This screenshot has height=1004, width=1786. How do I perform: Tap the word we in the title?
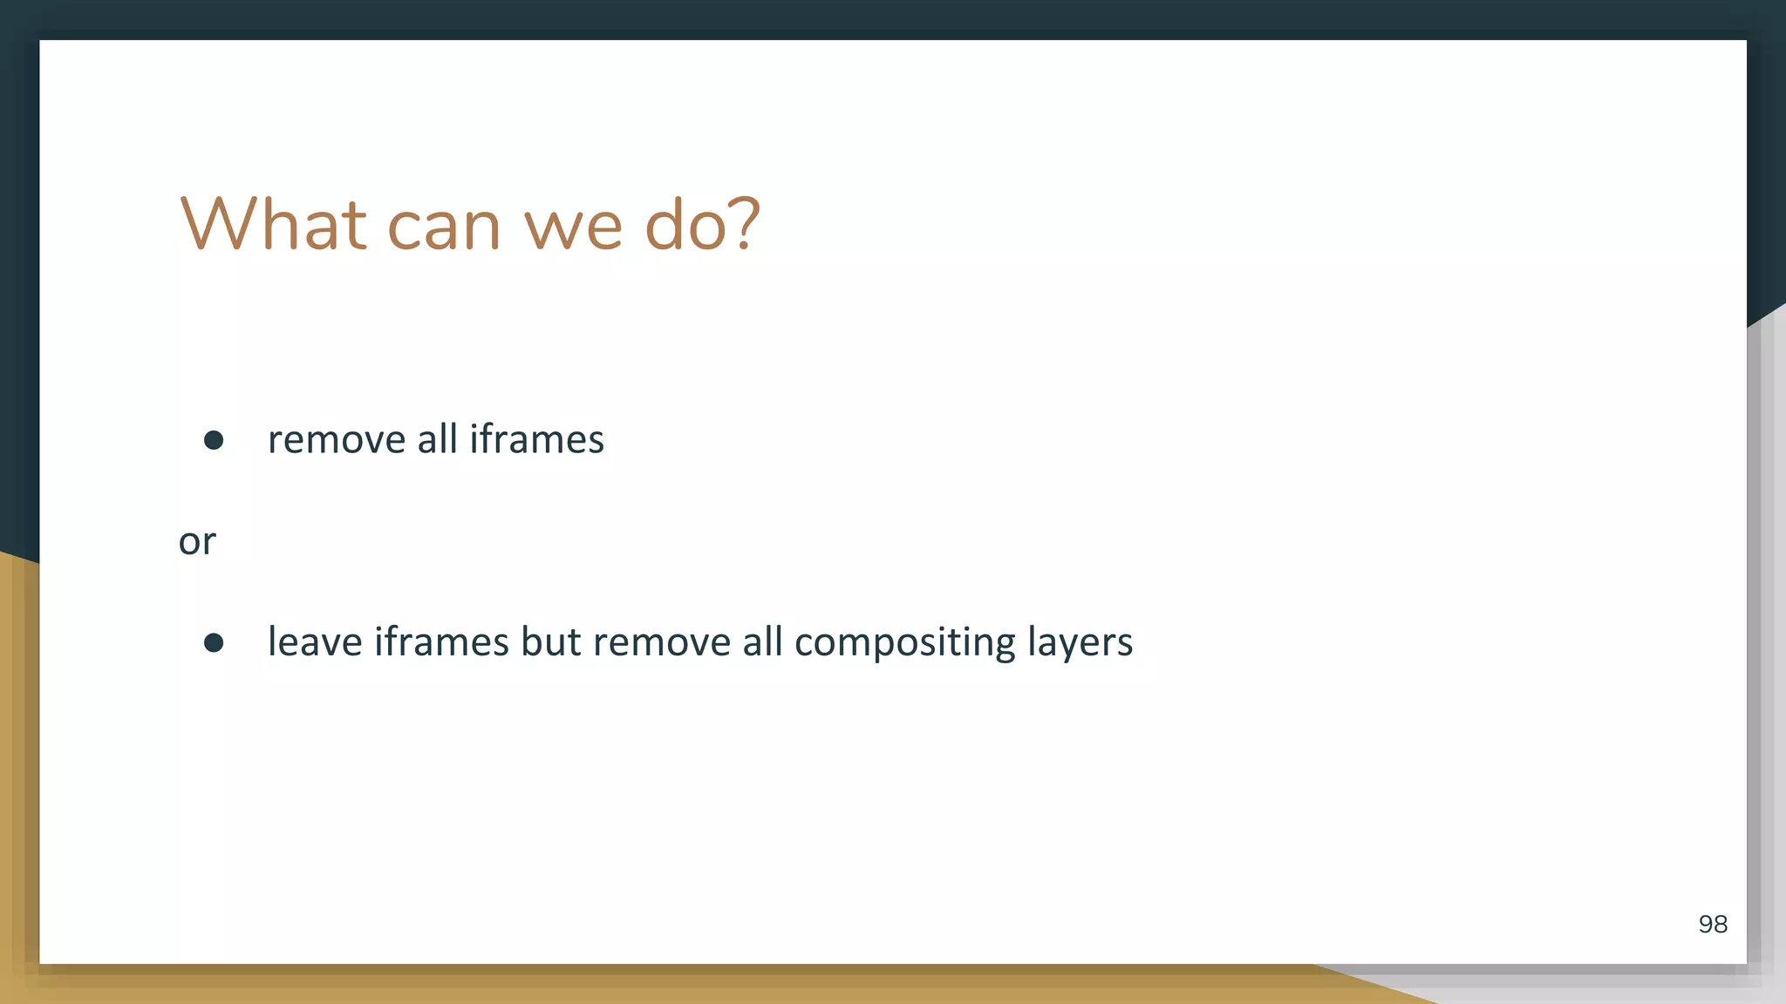pos(573,228)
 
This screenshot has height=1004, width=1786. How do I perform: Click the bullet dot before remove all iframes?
pos(214,440)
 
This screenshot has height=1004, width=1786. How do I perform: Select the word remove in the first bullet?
pos(337,440)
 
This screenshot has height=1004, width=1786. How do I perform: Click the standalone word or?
pos(197,542)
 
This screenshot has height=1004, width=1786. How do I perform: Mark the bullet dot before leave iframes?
pos(214,643)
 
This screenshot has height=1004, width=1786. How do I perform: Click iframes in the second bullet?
pos(441,642)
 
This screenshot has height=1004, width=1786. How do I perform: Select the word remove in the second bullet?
pos(662,642)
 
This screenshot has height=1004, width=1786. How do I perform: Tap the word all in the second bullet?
pos(762,642)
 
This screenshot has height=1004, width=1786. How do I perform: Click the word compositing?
pos(905,644)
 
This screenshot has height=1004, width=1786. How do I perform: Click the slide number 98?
pos(1713,925)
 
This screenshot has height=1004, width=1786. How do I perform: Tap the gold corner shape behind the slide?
pos(17,784)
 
